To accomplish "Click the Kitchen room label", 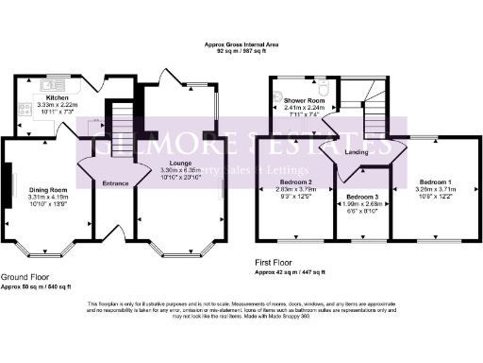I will pos(58,97).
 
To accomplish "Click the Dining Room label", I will pos(47,188).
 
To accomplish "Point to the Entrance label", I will pos(115,182).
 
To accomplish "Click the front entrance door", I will pos(115,233).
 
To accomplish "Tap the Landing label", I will pos(356,151).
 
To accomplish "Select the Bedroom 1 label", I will pos(435,181).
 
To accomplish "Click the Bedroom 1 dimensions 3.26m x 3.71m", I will pos(435,188).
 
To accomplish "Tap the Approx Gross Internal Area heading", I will pos(241,44).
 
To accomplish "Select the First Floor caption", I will pos(278,262).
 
